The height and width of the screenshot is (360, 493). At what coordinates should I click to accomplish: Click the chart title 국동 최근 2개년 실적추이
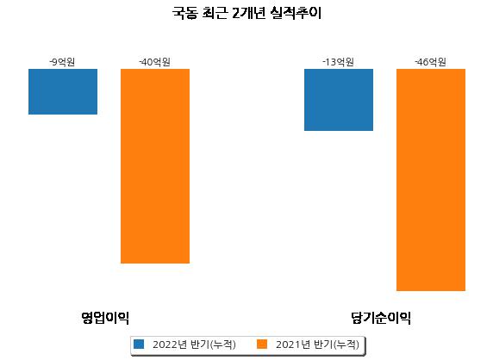pos(246,14)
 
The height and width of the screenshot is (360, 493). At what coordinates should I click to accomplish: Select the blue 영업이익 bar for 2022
pos(63,92)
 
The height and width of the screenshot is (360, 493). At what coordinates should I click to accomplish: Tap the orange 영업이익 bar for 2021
pos(155,166)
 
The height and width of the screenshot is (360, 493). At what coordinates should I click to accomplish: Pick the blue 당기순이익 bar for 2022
pos(339,100)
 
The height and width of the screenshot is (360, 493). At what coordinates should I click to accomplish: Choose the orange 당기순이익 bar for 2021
pos(431,180)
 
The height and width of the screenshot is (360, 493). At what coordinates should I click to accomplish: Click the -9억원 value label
pos(62,62)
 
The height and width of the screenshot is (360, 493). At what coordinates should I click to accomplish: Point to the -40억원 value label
pos(154,62)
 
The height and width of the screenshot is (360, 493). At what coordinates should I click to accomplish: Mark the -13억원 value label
pos(339,62)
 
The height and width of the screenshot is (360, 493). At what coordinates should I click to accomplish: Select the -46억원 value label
pos(430,62)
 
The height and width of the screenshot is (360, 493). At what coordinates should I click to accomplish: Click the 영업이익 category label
pos(105,318)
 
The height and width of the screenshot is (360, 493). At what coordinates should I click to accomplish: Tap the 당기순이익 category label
pos(381,318)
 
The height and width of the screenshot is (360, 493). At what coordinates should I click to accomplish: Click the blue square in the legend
pos(139,344)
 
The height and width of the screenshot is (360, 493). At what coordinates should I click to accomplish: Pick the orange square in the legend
pos(262,344)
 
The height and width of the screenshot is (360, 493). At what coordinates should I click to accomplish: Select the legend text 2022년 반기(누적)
pos(194,344)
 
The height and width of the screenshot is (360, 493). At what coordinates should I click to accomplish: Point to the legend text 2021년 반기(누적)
pos(317,344)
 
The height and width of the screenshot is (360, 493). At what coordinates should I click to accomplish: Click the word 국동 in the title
pos(184,14)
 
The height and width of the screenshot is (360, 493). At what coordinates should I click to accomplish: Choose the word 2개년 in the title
pos(248,14)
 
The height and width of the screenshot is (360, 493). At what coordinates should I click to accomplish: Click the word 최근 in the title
pos(215,14)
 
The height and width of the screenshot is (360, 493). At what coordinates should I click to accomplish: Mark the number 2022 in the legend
pos(165,344)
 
